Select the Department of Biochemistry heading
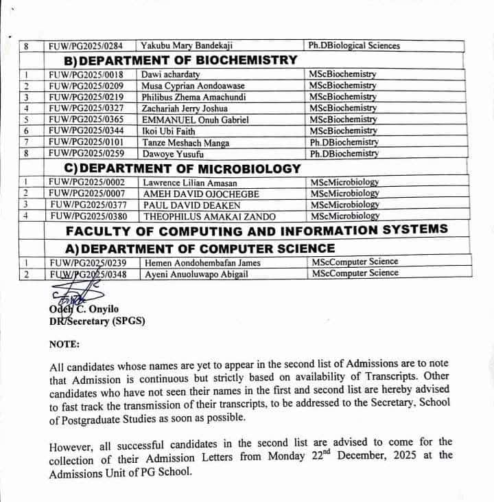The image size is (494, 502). [x=190, y=60]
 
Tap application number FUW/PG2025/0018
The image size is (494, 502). [x=86, y=74]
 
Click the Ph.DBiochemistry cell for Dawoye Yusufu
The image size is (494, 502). [x=344, y=153]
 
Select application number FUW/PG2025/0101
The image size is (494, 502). [x=86, y=142]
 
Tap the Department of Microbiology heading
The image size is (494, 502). [x=192, y=168]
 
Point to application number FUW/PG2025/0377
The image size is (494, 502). [x=88, y=205]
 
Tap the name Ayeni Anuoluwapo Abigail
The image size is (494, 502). [x=196, y=273]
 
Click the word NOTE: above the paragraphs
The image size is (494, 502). [x=64, y=343]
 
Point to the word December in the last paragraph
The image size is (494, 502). [x=366, y=455]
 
